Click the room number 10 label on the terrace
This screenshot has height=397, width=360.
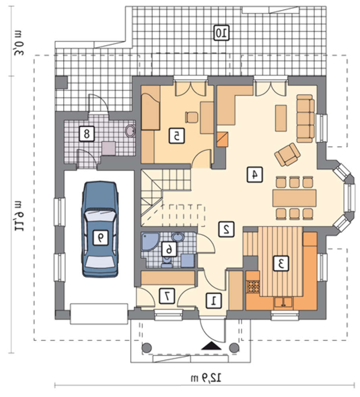[222, 33]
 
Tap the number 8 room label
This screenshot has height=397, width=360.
[87, 134]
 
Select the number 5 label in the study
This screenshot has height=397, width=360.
[177, 136]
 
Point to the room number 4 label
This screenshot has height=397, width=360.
[255, 174]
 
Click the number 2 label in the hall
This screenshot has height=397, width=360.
[227, 229]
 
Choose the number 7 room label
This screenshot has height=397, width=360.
[167, 296]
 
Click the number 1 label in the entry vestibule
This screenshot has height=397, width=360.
[214, 301]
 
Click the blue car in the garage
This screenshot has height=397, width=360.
[100, 229]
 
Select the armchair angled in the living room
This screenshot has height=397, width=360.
[287, 154]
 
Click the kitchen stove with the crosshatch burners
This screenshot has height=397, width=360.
[253, 286]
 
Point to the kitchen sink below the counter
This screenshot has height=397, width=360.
[283, 303]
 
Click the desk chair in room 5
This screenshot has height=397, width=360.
[191, 117]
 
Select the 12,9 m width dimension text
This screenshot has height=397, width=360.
[206, 378]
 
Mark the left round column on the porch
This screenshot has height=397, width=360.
[146, 348]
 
